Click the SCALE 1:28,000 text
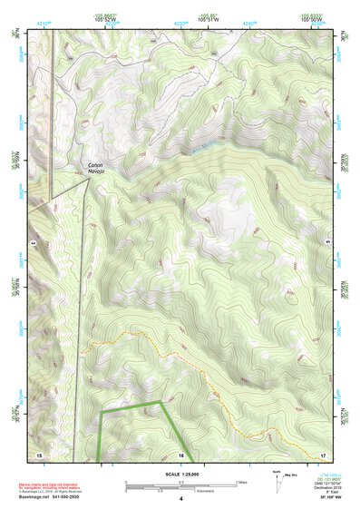point(180,474)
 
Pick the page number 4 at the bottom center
point(180,498)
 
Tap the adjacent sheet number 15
point(39,454)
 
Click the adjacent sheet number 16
point(181,454)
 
